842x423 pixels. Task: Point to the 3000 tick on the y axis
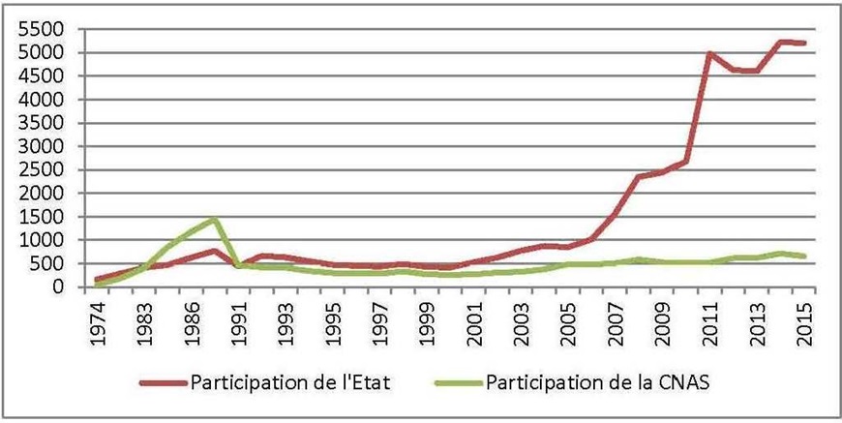39,146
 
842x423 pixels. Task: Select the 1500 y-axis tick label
39,217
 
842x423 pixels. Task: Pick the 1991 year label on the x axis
240,315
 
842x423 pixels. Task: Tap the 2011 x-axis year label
710,315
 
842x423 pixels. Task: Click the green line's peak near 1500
216,219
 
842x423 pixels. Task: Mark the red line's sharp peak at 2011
710,54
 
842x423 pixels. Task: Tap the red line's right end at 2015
805,44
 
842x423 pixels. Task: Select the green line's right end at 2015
805,257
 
